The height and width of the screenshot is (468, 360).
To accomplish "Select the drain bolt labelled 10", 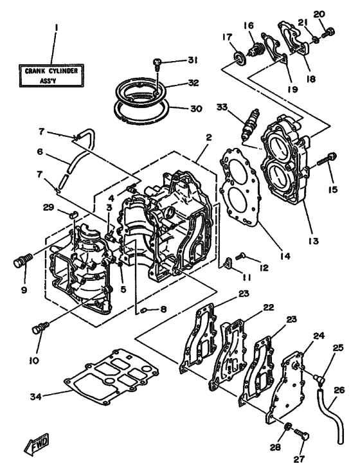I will [39, 328].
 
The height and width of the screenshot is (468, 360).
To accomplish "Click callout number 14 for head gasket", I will [285, 256].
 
